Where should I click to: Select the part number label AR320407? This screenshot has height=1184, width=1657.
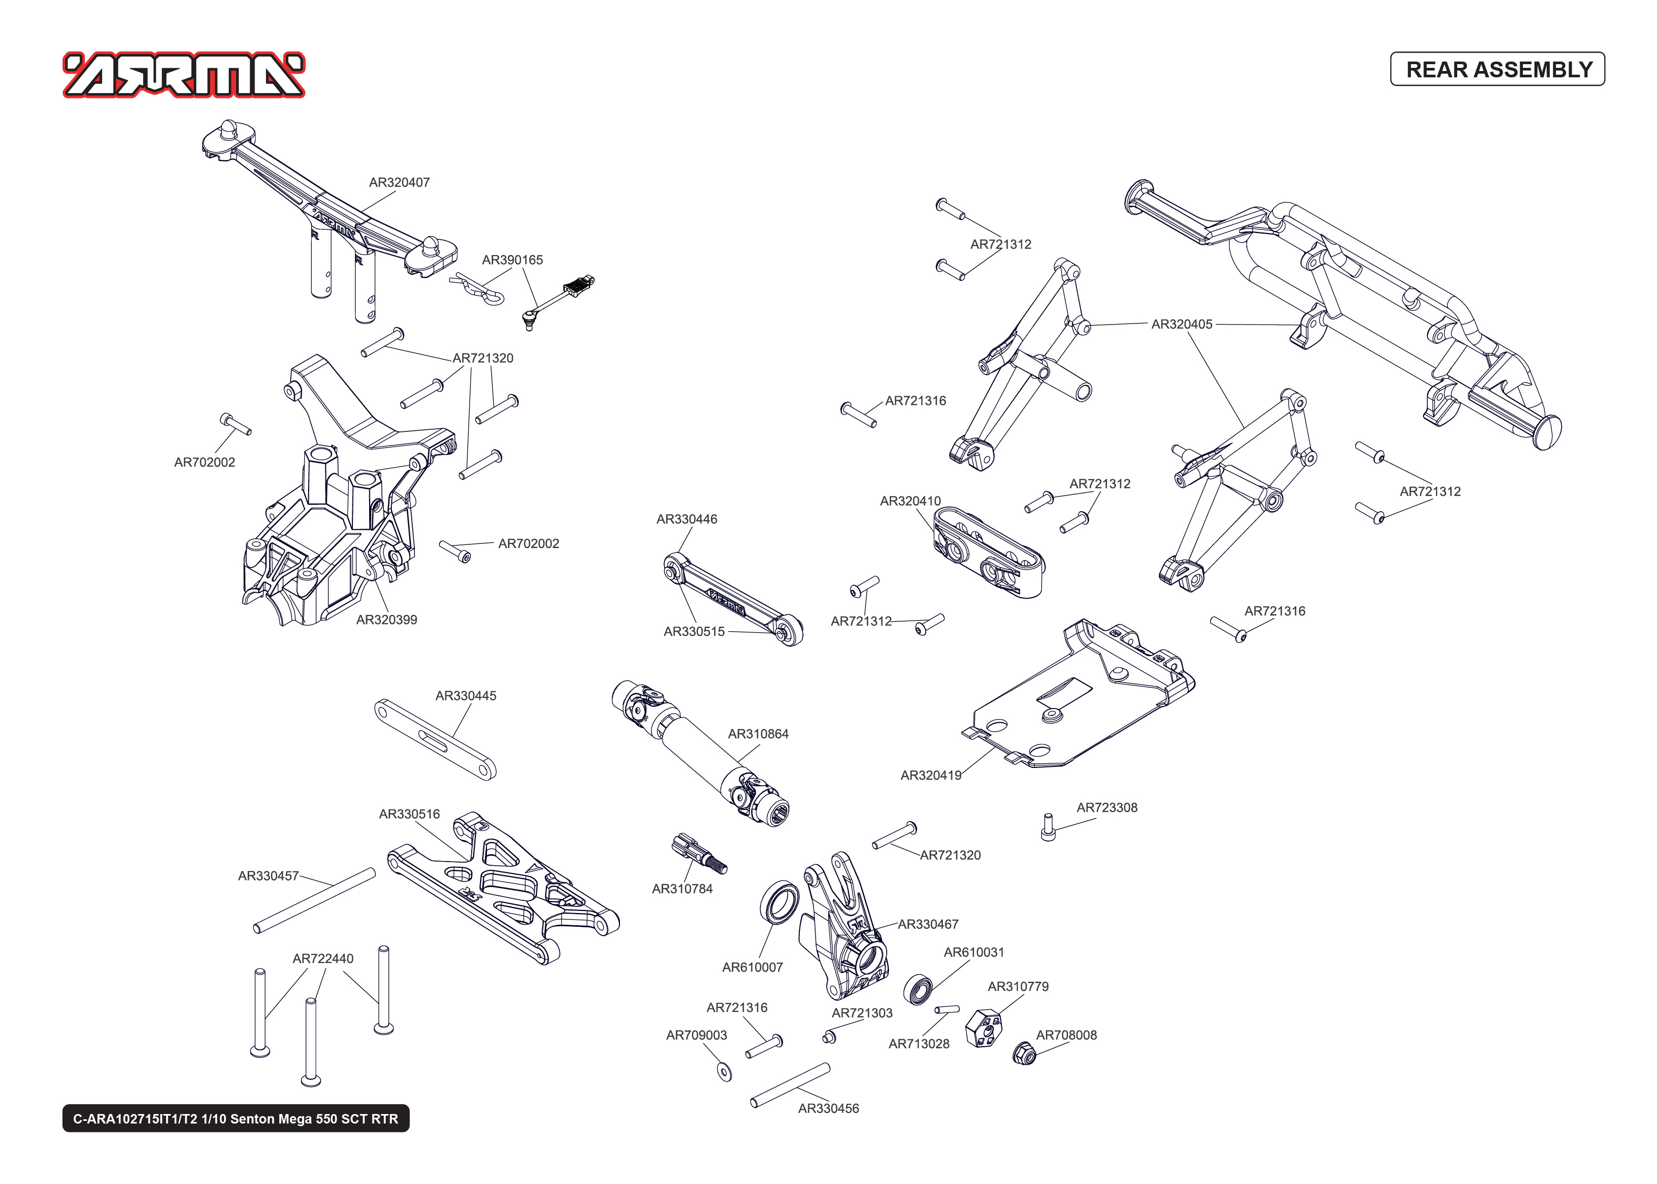tap(399, 183)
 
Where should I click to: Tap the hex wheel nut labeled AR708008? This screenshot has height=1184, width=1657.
tap(1024, 1054)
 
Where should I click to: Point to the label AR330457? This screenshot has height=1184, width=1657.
tap(268, 876)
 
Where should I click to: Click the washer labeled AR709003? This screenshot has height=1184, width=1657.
tap(724, 1071)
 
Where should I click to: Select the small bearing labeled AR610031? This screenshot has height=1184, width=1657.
tap(918, 989)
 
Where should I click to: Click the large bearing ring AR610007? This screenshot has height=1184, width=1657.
tap(779, 902)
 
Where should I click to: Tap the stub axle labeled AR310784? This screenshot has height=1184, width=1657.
tap(698, 854)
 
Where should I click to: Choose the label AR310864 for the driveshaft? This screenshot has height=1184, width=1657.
tap(758, 733)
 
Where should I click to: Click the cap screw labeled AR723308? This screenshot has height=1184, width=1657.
tap(1048, 827)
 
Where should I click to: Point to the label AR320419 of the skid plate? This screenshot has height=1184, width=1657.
tap(930, 775)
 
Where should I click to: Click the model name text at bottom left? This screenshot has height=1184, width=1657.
tap(236, 1118)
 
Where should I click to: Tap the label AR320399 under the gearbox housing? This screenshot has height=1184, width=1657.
tap(386, 620)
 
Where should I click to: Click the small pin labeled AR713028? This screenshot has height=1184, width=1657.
tap(947, 1010)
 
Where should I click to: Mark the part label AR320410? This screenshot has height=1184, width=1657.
tap(910, 501)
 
